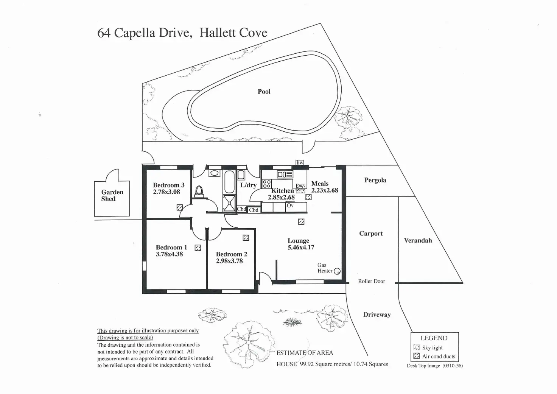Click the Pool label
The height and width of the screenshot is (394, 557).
[264, 92]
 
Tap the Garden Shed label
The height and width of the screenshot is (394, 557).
[112, 195]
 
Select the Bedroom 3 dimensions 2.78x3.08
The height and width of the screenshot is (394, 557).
[166, 192]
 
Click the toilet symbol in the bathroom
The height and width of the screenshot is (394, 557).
[199, 192]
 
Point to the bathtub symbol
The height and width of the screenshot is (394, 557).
[229, 182]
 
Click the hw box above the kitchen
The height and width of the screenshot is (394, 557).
[300, 163]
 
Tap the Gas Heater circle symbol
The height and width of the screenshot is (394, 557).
[337, 271]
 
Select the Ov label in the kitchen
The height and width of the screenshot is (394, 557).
[290, 206]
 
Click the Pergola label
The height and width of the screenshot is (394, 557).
[375, 180]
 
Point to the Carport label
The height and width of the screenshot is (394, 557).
[371, 234]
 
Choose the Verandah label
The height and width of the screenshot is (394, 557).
[418, 240]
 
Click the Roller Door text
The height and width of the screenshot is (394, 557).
[372, 281]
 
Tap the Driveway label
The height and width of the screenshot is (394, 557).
[377, 315]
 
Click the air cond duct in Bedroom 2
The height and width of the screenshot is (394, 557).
[246, 238]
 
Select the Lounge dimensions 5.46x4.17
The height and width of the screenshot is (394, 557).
[301, 248]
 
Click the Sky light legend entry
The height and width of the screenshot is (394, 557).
[432, 347]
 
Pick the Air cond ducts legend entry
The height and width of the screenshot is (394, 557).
[438, 356]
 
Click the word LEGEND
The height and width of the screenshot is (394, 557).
[434, 338]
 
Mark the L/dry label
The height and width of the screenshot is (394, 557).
[248, 185]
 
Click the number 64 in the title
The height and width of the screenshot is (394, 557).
[104, 33]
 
